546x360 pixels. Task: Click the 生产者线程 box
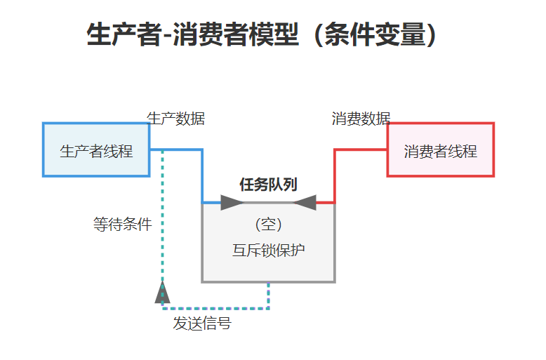96,150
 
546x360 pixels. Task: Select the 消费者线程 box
440,150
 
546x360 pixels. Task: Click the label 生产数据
175,119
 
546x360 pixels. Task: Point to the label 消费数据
361,119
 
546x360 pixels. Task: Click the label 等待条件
122,225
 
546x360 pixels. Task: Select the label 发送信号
202,324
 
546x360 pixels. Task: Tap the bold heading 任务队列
268,185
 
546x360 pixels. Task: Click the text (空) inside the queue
268,225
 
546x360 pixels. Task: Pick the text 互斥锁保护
268,250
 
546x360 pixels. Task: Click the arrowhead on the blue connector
232,203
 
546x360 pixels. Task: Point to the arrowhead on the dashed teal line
162,291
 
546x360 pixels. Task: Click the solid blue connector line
202,175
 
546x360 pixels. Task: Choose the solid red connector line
335,175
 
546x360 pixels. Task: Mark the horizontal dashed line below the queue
218,307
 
